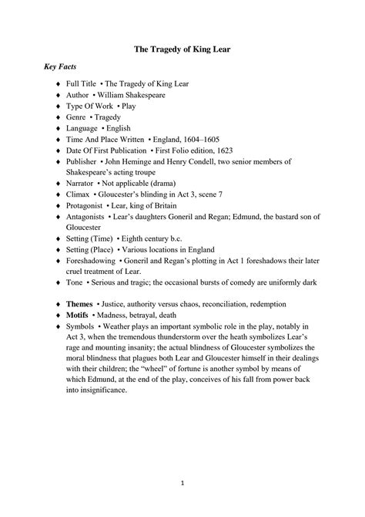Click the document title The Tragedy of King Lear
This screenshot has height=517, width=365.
click(x=182, y=49)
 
